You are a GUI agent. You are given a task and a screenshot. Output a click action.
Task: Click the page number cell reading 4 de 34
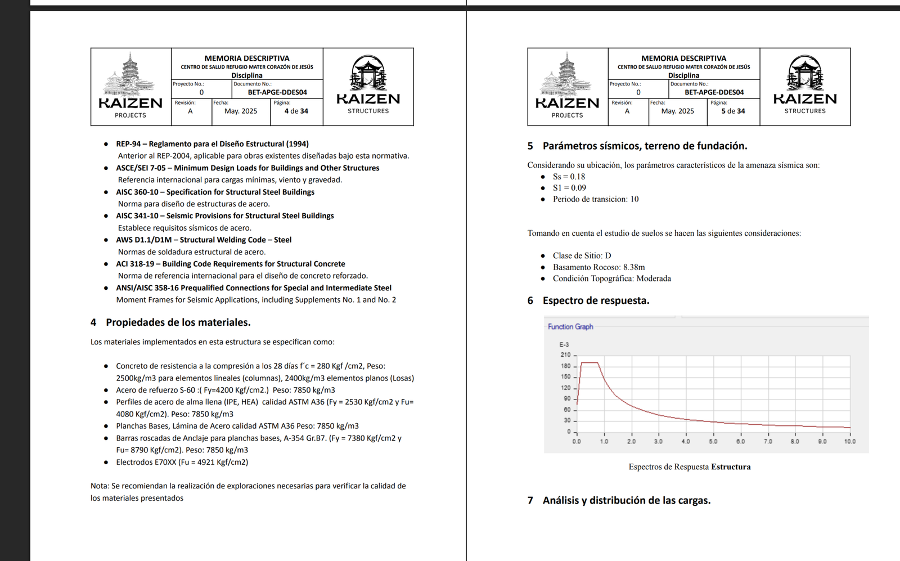click(x=296, y=111)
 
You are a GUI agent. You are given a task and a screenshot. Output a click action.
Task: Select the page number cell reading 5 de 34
click(x=733, y=111)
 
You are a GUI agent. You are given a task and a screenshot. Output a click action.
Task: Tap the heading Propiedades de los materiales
click(x=178, y=322)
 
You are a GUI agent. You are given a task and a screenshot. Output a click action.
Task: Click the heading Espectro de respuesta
click(x=596, y=300)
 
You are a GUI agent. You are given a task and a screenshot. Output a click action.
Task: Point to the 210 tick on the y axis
click(x=565, y=354)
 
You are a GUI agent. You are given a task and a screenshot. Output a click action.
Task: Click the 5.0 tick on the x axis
click(x=713, y=442)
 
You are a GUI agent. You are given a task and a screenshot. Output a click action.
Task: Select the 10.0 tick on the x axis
click(x=849, y=442)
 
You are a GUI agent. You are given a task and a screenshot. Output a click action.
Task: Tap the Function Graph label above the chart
click(x=570, y=326)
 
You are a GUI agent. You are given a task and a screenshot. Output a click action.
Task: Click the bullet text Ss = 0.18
click(x=569, y=177)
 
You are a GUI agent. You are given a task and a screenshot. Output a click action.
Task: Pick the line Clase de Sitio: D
click(x=582, y=255)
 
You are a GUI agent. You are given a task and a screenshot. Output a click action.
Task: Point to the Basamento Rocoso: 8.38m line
click(x=598, y=267)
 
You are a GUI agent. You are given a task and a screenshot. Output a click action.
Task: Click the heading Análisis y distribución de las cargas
click(x=626, y=500)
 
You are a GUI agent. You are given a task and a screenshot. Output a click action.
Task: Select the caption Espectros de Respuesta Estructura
click(x=689, y=466)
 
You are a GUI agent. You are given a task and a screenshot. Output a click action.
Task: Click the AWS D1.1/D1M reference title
click(x=204, y=240)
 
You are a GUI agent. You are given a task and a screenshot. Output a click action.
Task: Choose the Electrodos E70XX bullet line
click(x=182, y=462)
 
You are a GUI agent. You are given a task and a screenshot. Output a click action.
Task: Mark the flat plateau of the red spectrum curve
click(x=589, y=363)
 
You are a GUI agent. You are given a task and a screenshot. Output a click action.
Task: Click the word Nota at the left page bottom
click(x=99, y=486)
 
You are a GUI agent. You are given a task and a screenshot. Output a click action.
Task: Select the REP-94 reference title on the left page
click(x=212, y=144)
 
